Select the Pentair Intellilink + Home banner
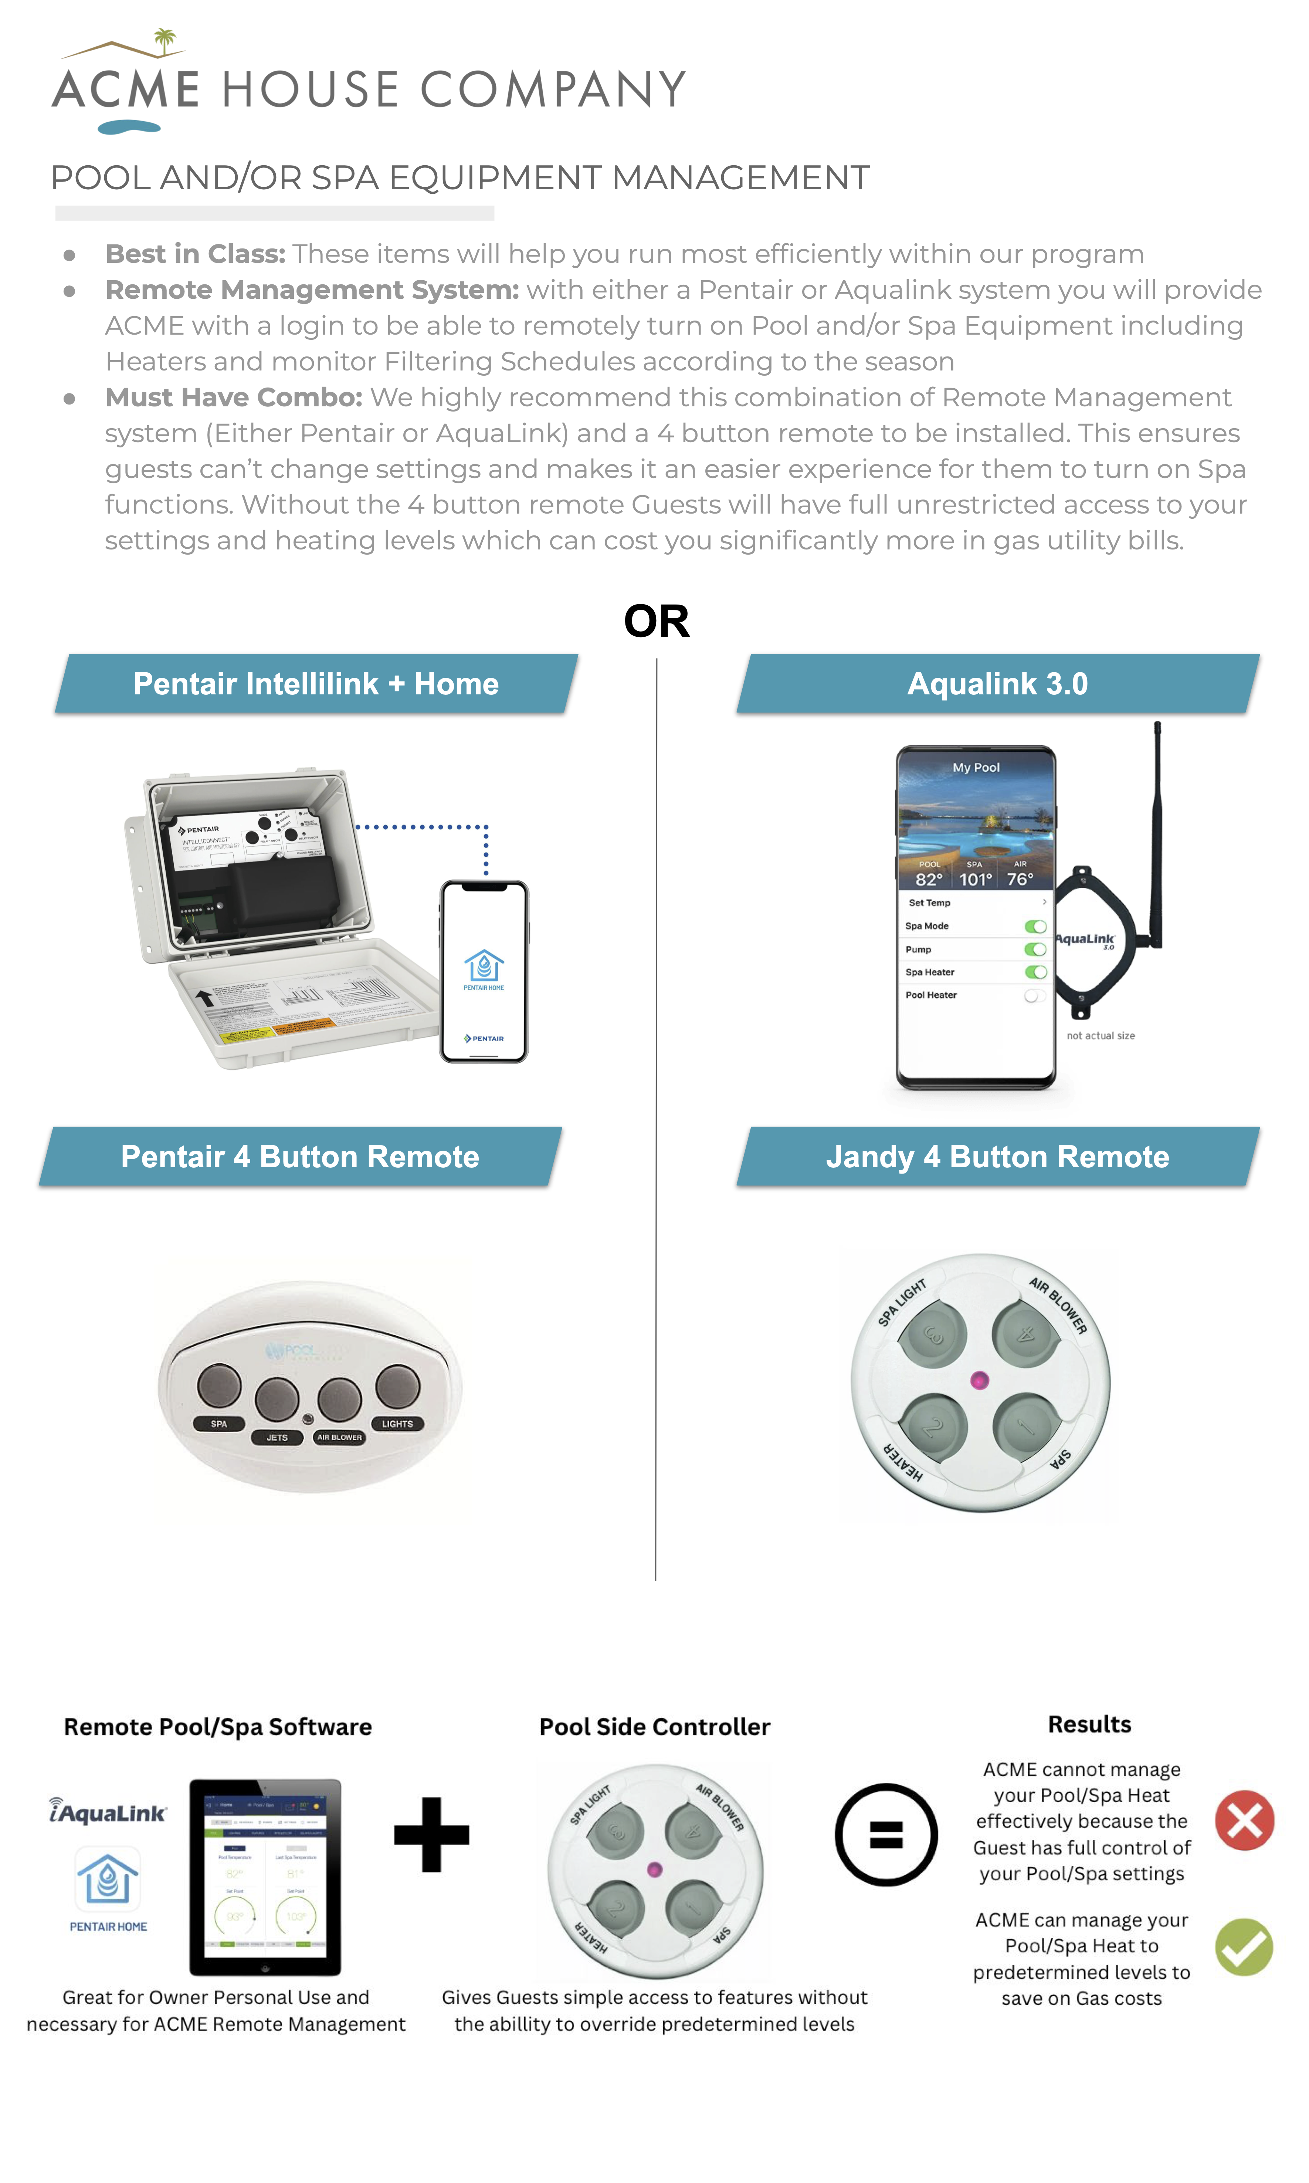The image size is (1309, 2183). point(316,684)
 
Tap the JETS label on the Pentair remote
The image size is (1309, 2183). point(277,1437)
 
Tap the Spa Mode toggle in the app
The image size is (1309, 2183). point(1035,926)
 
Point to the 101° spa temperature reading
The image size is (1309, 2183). point(975,879)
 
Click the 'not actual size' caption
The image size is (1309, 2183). point(1100,1036)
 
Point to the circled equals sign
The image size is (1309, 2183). point(886,1835)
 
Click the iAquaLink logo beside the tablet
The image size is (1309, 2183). point(108,1812)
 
